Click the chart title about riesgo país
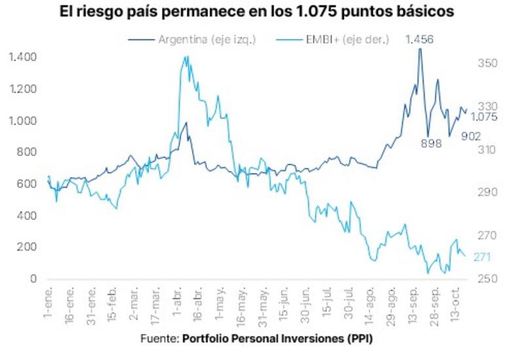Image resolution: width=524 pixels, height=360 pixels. coord(262,12)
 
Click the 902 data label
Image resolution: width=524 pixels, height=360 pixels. coord(470,135)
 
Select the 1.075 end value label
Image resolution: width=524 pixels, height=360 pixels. coord(483,117)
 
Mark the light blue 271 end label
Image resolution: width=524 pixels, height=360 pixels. coord(482,257)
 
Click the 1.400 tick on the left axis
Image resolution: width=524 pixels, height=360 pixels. coord(23,58)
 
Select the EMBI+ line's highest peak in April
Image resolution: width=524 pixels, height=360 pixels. coord(186,57)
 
